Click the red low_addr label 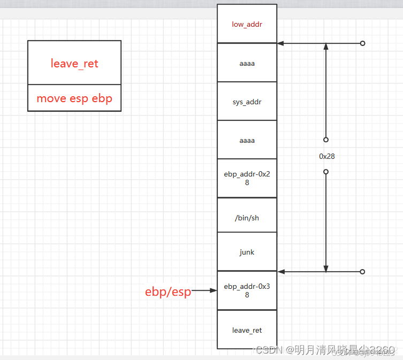[x=247, y=24]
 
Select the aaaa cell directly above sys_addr [x=247, y=63]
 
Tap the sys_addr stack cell [x=247, y=102]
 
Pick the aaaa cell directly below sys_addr [x=247, y=140]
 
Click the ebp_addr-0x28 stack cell [x=247, y=178]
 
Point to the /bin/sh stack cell [x=247, y=218]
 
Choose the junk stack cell [x=247, y=251]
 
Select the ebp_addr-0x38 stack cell [x=247, y=290]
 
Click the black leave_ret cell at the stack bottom [x=247, y=330]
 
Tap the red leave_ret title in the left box [x=74, y=64]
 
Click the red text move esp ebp [x=74, y=98]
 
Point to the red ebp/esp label [x=168, y=292]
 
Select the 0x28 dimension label [x=326, y=157]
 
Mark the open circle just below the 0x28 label [x=325, y=172]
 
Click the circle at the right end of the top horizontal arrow [x=362, y=43]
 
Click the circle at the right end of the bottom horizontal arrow [x=362, y=272]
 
